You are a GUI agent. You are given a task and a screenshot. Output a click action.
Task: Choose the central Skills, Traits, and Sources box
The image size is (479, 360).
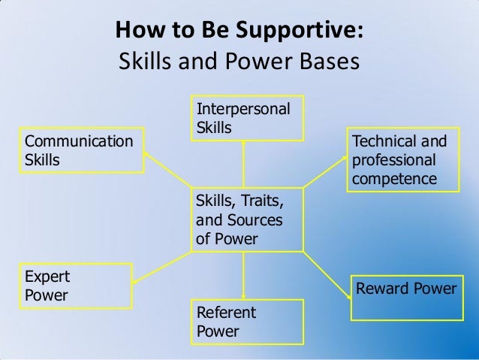[x=249, y=219]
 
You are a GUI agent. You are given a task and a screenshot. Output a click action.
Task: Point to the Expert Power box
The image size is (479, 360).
[x=68, y=285]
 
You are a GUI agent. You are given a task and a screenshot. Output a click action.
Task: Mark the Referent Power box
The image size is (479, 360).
[x=249, y=321]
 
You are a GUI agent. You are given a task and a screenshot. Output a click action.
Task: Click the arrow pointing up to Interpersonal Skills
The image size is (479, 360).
[x=243, y=162]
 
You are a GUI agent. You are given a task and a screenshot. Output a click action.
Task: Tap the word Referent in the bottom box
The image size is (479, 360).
[x=226, y=312]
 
